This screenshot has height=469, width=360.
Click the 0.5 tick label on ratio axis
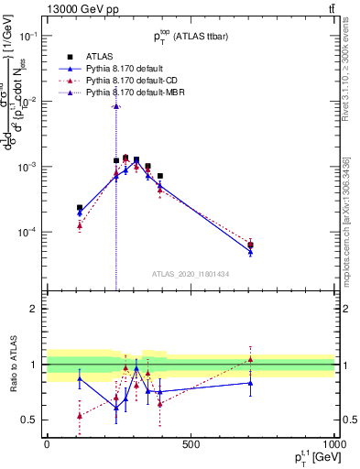[28, 420]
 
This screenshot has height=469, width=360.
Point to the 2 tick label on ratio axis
[33, 310]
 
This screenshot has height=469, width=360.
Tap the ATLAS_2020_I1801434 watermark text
[191, 274]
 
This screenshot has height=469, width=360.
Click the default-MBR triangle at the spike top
[115, 105]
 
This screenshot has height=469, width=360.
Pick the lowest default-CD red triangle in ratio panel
[80, 415]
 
